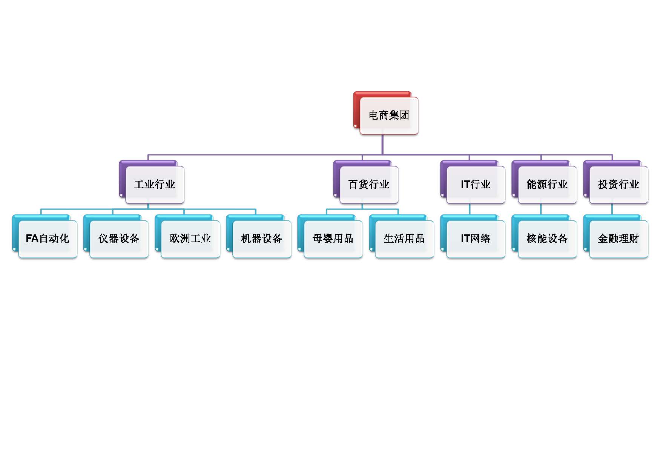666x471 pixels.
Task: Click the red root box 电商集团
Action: pyautogui.click(x=388, y=115)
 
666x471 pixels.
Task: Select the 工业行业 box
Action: pyautogui.click(x=155, y=184)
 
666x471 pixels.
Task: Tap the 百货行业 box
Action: pyautogui.click(x=369, y=184)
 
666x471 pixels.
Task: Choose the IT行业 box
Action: pyautogui.click(x=476, y=184)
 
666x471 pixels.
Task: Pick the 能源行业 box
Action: pyautogui.click(x=547, y=184)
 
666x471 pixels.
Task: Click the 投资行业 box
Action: pyautogui.click(x=618, y=184)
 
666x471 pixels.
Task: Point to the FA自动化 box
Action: pyautogui.click(x=48, y=239)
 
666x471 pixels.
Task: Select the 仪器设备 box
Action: pyautogui.click(x=119, y=239)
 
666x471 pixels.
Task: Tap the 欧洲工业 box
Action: pyautogui.click(x=190, y=239)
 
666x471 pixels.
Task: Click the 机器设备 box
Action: pyautogui.click(x=262, y=239)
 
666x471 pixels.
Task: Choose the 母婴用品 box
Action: pyautogui.click(x=333, y=239)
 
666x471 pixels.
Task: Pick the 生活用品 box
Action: pyautogui.click(x=404, y=239)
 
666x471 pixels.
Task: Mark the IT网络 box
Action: pyautogui.click(x=476, y=239)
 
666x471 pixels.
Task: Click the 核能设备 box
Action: pyautogui.click(x=547, y=239)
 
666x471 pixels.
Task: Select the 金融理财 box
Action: pyautogui.click(x=618, y=239)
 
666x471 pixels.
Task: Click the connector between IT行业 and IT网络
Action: pyautogui.click(x=470, y=209)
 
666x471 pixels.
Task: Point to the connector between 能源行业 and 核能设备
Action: pyautogui.click(x=541, y=209)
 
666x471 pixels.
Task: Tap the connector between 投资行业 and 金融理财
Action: pyautogui.click(x=612, y=209)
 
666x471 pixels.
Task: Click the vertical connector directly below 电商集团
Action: pyautogui.click(x=382, y=144)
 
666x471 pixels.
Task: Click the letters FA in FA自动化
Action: pyautogui.click(x=32, y=239)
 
